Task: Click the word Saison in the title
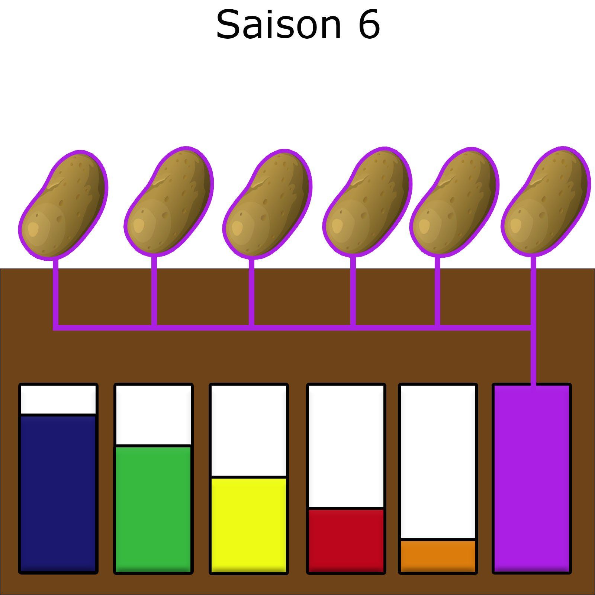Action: [278, 25]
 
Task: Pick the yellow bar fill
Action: [248, 524]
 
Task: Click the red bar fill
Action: [346, 540]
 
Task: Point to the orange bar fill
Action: [438, 556]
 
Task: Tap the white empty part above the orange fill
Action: [438, 461]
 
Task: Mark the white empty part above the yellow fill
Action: [248, 430]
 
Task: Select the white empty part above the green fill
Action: [153, 414]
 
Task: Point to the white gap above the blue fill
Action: [58, 399]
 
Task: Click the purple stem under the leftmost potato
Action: [55, 294]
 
